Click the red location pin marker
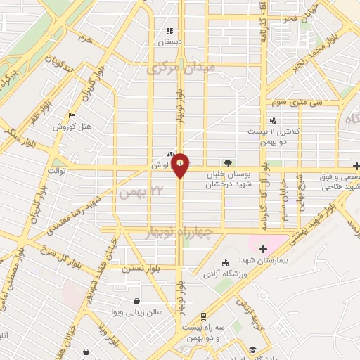pyautogui.click(x=181, y=165)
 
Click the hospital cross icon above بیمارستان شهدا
pyautogui.click(x=263, y=249)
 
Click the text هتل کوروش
pyautogui.click(x=72, y=127)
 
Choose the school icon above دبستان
pyautogui.click(x=169, y=31)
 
